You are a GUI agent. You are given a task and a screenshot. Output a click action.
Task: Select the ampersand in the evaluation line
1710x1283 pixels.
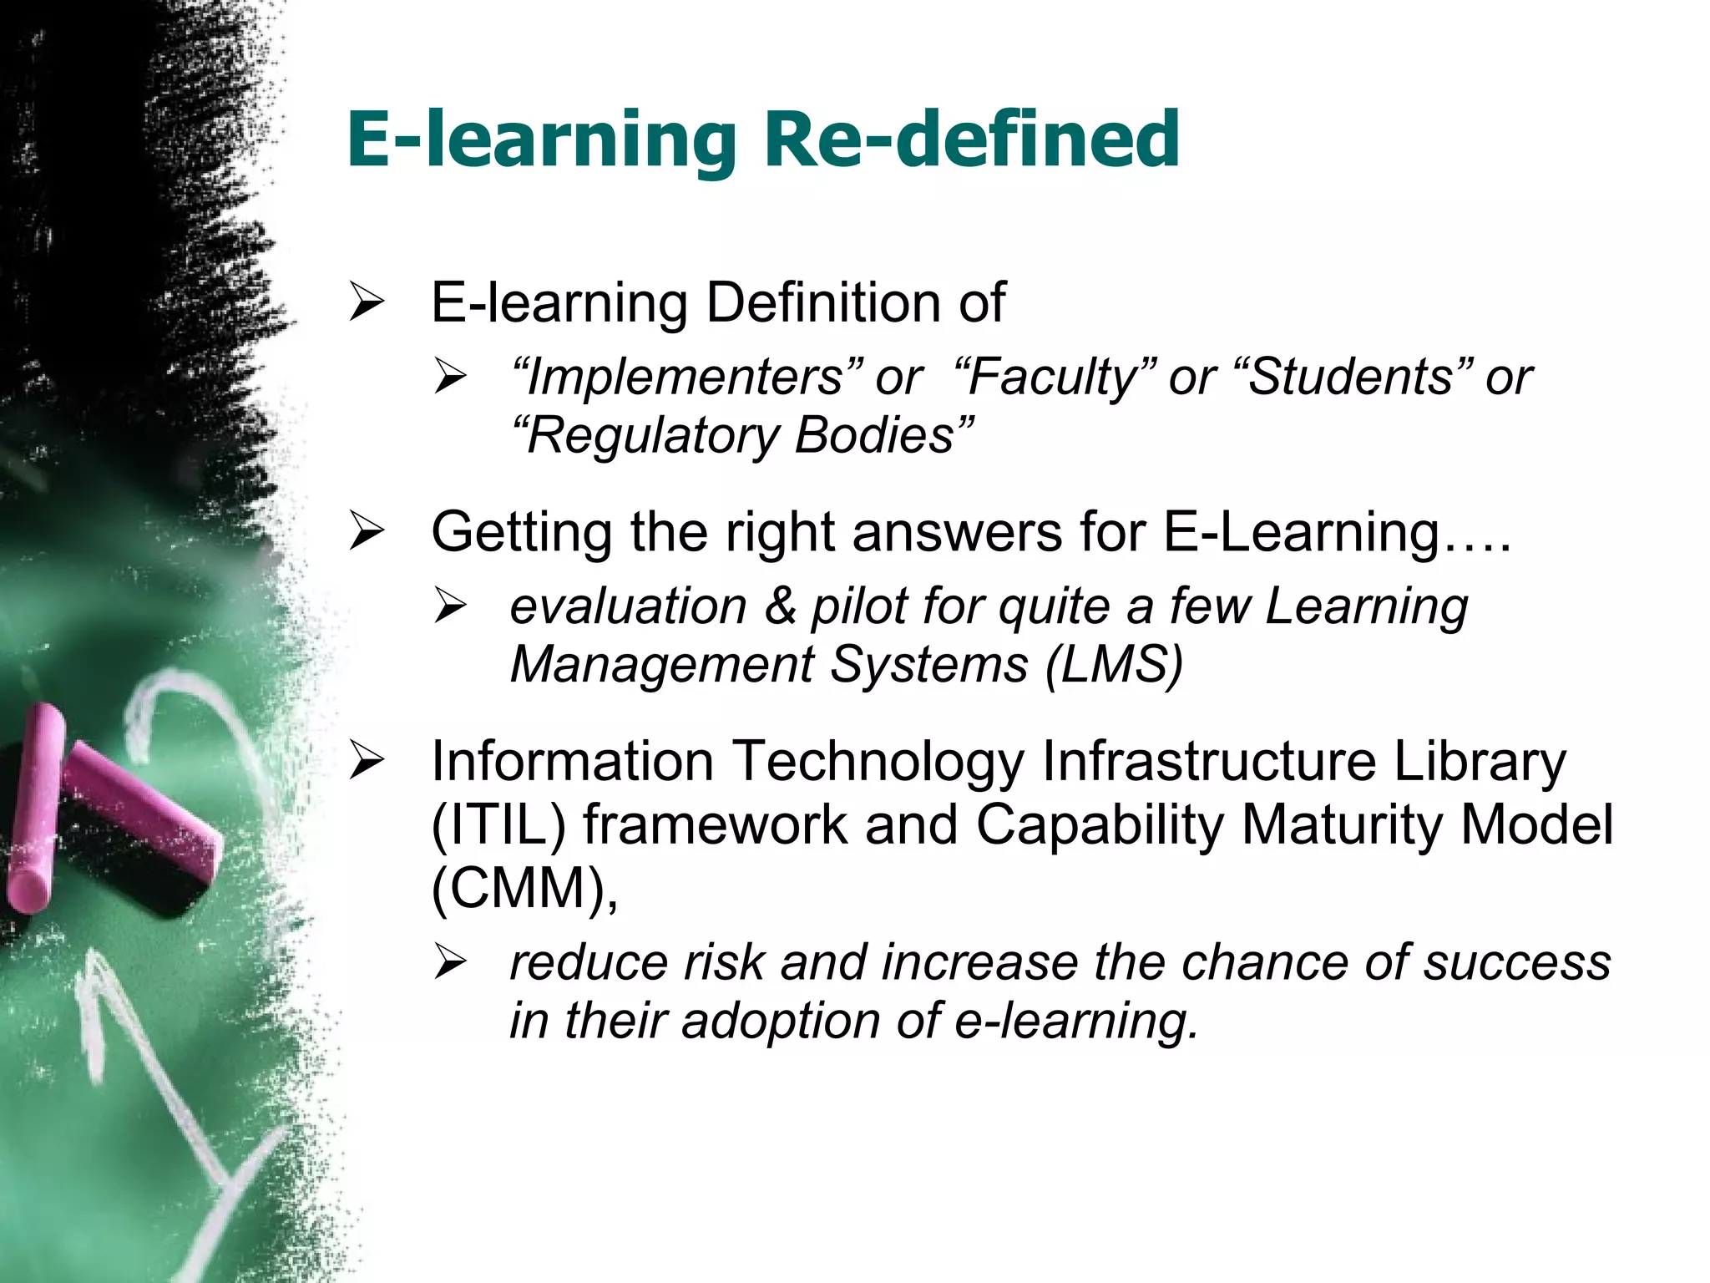[x=780, y=606]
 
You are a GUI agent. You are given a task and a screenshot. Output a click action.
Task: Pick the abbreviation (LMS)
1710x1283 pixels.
[x=1114, y=665]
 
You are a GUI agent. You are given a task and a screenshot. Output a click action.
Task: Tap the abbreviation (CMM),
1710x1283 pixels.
[x=524, y=889]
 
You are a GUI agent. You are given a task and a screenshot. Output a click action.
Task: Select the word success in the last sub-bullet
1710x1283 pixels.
[x=1516, y=962]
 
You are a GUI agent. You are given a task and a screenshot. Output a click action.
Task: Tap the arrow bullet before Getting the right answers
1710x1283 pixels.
[x=367, y=533]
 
